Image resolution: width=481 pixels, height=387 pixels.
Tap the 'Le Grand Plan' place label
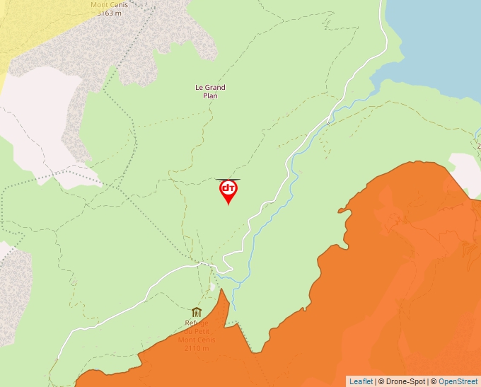coord(210,92)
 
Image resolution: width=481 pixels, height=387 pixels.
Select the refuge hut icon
coord(197,312)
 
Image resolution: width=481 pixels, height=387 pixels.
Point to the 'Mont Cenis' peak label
coord(109,4)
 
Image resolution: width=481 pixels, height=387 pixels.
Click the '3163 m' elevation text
coord(109,13)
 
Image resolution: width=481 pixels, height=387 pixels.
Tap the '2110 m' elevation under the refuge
coord(197,348)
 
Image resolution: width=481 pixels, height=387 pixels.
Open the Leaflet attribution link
coord(361,381)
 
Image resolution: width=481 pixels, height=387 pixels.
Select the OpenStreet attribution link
coord(458,381)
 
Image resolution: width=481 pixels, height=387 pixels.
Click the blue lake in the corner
coord(439,42)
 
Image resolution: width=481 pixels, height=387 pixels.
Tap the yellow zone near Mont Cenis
coord(28,28)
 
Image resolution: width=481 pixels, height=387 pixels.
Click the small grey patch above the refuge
coord(212,287)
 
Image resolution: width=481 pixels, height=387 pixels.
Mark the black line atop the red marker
coord(228,180)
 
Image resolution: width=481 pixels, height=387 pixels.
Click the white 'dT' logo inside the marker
coord(228,188)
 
